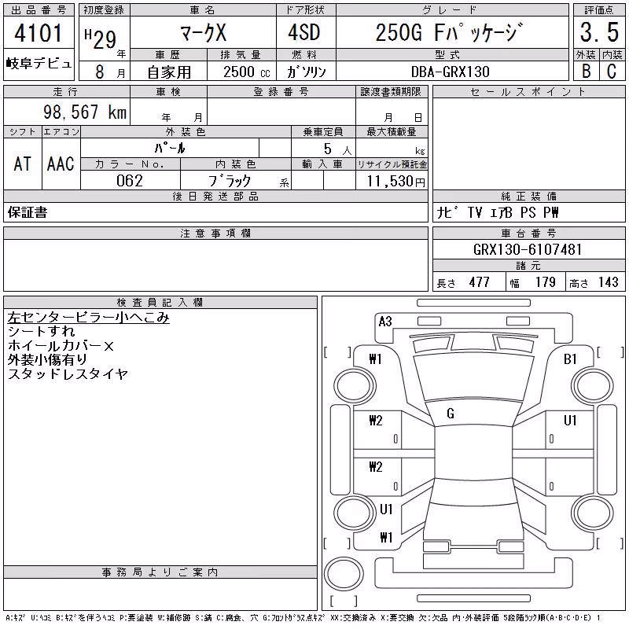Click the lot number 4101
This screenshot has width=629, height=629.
(x=39, y=33)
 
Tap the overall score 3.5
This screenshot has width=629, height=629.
(x=599, y=32)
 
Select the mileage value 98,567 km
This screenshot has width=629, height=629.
(x=85, y=112)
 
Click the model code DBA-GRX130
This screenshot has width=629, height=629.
(x=451, y=72)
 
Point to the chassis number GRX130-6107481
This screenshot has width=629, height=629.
(x=528, y=249)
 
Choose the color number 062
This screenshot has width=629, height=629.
(x=130, y=181)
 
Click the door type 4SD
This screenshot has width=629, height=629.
(x=304, y=32)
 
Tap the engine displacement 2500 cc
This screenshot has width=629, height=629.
(x=247, y=72)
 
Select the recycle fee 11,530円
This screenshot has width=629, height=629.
(x=395, y=181)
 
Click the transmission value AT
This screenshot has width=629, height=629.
(x=23, y=164)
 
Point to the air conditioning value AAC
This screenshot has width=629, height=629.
(x=61, y=164)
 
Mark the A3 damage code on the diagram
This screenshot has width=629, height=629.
(x=385, y=322)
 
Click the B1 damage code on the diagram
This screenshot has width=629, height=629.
(x=570, y=359)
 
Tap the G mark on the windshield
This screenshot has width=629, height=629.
(x=451, y=414)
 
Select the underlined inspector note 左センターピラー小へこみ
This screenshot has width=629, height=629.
(x=88, y=318)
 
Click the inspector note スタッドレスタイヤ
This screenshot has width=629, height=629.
(x=68, y=374)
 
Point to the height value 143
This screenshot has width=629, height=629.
(x=609, y=282)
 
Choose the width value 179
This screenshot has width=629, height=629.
(x=546, y=282)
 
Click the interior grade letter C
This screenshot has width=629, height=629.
(x=612, y=72)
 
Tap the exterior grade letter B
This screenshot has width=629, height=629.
(x=587, y=72)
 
